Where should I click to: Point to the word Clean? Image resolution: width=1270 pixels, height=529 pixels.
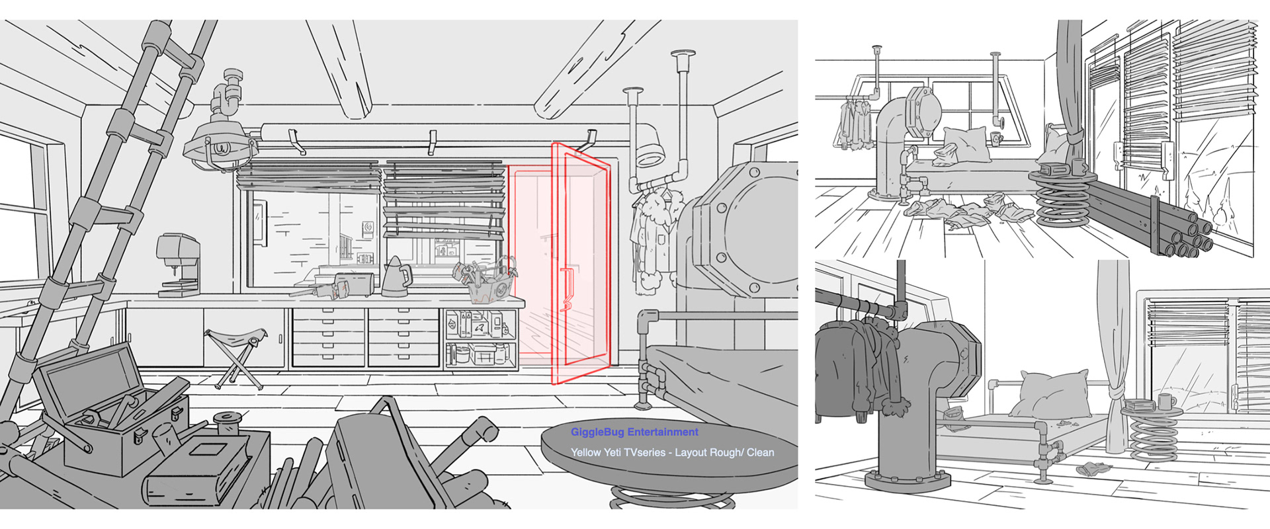760,453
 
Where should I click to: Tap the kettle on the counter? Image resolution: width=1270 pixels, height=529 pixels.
396,276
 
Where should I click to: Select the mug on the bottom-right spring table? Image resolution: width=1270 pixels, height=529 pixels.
1165,401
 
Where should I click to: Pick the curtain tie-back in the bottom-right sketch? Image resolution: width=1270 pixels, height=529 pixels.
1114,401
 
